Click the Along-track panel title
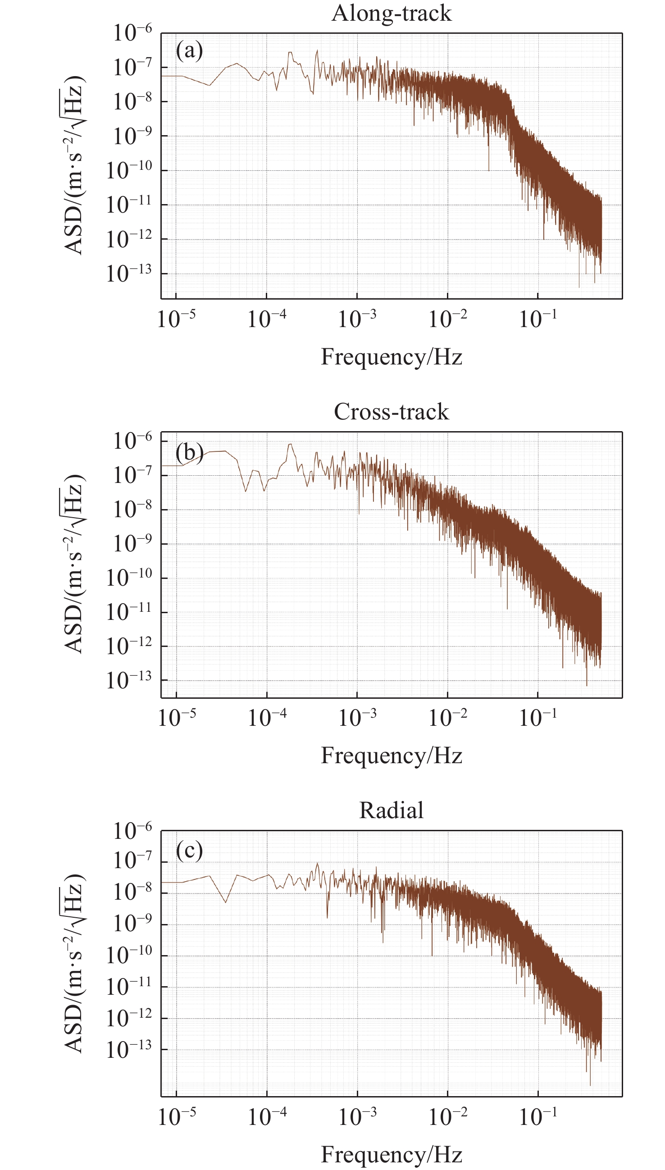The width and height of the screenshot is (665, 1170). pos(392,13)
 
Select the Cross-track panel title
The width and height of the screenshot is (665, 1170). pos(392,411)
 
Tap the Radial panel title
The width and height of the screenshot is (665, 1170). pos(392,810)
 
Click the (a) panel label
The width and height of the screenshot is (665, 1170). pos(189,50)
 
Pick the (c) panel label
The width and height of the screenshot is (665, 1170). pos(189,850)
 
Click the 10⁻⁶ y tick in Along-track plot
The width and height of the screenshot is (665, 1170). pos(132,33)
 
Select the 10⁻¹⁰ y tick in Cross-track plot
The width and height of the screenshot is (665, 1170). pos(129,578)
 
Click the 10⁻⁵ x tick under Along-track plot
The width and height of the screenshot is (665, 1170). pos(176,319)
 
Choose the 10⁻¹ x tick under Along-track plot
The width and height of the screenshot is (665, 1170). pos(538,319)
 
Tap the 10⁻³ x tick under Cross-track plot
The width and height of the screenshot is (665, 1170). pos(357,717)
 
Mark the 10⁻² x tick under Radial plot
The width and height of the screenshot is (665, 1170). pos(447,1116)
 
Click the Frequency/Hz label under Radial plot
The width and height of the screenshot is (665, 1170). pos(392,1154)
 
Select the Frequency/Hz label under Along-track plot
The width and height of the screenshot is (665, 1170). pos(392,357)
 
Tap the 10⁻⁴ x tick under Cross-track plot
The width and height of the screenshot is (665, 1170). pos(267,717)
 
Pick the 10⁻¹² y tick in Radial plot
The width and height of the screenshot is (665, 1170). pos(129,1018)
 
